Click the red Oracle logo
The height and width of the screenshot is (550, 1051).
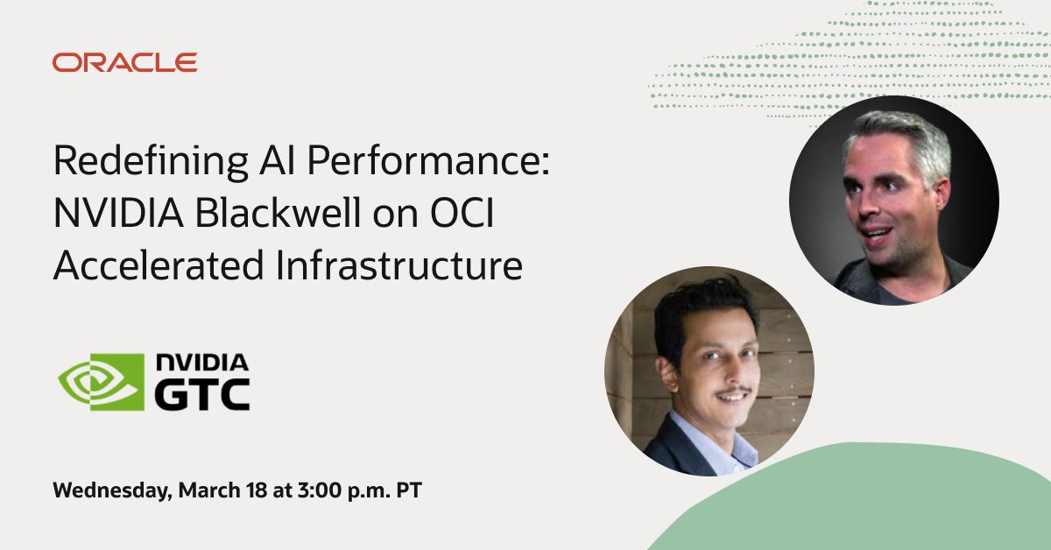[x=124, y=62]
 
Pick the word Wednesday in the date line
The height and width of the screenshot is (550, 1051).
[x=110, y=490]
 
